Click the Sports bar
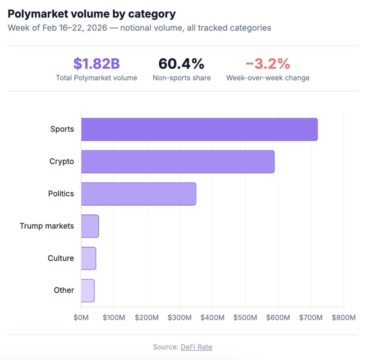coord(199,129)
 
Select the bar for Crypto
coord(178,161)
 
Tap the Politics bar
coord(138,194)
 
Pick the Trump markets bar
coord(90,226)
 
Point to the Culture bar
coord(88,258)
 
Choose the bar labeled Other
coord(88,290)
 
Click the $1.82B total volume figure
coord(97,64)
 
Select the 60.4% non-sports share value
coord(182,64)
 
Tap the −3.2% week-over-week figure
coord(268,64)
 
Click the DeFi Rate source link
coord(196,347)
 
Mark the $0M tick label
coord(81,318)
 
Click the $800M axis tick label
coord(343,318)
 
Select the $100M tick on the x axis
coord(114,318)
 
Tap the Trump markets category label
coord(47,226)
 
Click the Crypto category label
coord(61,161)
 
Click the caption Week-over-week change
coord(268,78)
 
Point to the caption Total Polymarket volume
coord(97,78)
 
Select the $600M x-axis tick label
coord(278,318)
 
